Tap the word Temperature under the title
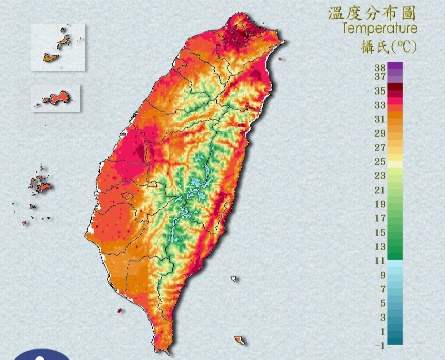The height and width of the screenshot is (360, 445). click(379, 28)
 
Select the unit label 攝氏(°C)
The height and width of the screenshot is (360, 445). click(389, 47)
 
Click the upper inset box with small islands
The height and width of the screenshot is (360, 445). click(58, 47)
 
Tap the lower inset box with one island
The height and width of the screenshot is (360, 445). click(56, 98)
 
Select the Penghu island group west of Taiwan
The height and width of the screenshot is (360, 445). click(39, 185)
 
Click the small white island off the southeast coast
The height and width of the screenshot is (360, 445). click(234, 278)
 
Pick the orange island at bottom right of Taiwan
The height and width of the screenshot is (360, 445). click(239, 340)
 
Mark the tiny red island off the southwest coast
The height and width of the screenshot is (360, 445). click(119, 311)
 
